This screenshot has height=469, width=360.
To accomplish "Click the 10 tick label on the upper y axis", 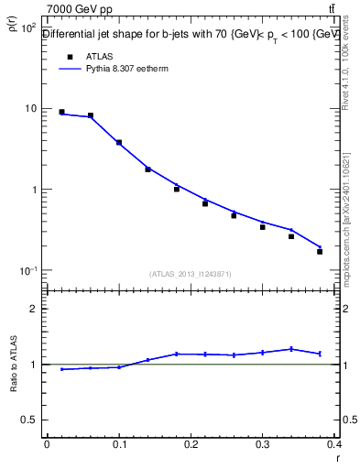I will pos(29,109).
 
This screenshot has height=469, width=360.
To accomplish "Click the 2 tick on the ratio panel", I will pos(34,309).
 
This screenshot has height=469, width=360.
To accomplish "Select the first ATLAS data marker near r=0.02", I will pos(61,113).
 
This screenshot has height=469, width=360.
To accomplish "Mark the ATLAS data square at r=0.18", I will pos(176,189).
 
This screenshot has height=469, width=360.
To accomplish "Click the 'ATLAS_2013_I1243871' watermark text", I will pos(191,274).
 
